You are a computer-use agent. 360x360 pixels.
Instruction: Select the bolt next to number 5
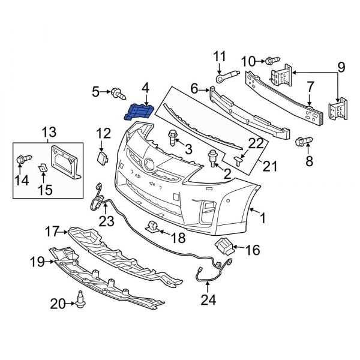coord(118,92)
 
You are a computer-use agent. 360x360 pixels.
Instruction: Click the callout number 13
coord(48,133)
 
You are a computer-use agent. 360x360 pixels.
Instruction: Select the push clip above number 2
coord(214,157)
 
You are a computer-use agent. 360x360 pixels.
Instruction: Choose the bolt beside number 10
coord(271,61)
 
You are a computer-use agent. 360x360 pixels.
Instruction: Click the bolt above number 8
coord(303,142)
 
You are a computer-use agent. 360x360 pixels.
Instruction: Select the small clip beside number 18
coord(152,227)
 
